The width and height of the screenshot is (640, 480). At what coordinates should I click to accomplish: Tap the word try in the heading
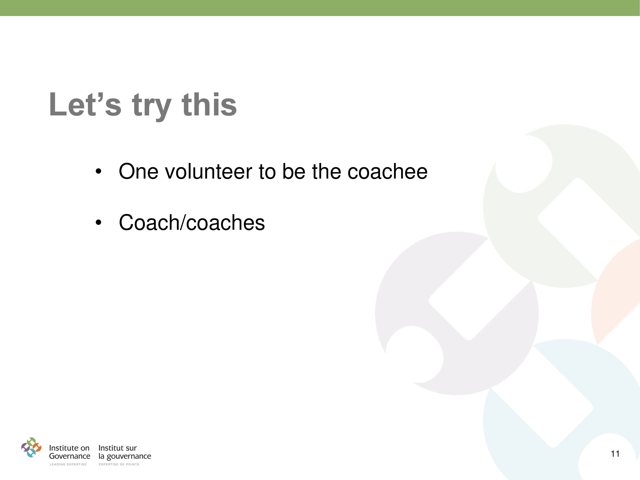152,107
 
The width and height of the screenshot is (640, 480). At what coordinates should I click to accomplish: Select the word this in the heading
209,104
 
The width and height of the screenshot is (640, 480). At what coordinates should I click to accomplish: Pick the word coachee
387,171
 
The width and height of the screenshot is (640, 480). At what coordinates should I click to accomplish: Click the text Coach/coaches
192,223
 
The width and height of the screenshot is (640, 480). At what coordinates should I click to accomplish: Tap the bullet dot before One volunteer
99,172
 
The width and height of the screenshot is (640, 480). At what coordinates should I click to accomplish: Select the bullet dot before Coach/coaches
99,222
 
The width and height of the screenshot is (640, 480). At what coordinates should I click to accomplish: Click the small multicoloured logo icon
31,447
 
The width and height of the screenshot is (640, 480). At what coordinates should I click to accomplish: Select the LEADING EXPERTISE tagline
68,464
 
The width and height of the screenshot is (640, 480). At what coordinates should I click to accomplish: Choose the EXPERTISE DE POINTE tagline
119,464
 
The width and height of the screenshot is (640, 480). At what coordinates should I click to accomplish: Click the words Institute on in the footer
69,448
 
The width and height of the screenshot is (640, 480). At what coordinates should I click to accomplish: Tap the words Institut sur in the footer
118,448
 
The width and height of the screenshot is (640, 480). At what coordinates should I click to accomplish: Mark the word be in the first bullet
294,171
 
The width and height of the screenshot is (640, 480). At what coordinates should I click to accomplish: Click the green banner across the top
320,8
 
